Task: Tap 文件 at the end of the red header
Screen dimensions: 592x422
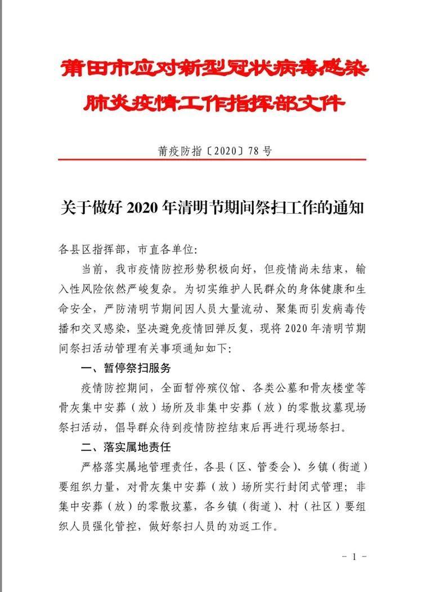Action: click(x=324, y=103)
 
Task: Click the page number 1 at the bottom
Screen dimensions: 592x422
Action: click(x=354, y=557)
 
